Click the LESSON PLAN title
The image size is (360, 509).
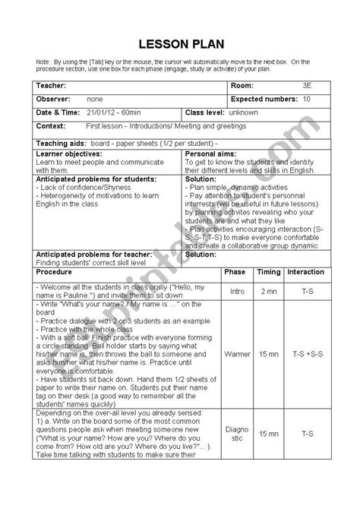pyautogui.click(x=179, y=43)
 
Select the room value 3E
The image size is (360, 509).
pyautogui.click(x=308, y=86)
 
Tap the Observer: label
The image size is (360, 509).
pyautogui.click(x=53, y=99)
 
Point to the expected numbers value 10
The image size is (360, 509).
pyautogui.click(x=306, y=99)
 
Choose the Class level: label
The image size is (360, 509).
pyautogui.click(x=207, y=112)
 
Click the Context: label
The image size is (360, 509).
pyautogui.click(x=51, y=125)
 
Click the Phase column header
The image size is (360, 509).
pyautogui.click(x=235, y=250)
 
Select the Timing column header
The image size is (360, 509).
pyautogui.click(x=269, y=250)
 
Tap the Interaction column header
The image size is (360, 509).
pyautogui.click(x=306, y=250)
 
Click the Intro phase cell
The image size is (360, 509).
pyautogui.click(x=235, y=270)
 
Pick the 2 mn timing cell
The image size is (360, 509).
pyautogui.click(x=269, y=270)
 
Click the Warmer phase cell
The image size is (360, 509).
pyautogui.click(x=235, y=354)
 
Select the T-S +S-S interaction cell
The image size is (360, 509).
pyautogui.click(x=306, y=354)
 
